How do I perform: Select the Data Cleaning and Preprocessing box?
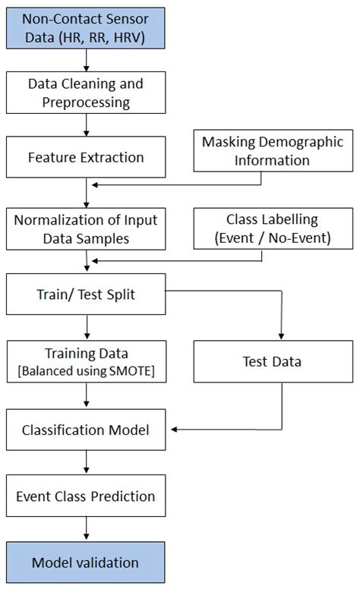[x=86, y=93]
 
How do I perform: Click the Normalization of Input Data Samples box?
[x=86, y=228]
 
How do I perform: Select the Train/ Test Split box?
[x=86, y=294]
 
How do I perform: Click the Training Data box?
[x=86, y=361]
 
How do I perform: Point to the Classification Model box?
[x=86, y=430]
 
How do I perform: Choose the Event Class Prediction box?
[x=86, y=496]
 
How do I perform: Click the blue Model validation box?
[x=86, y=562]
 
